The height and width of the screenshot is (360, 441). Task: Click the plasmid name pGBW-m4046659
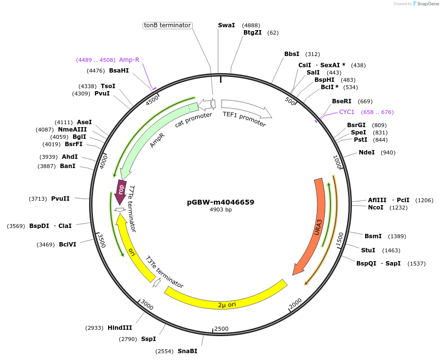(220, 202)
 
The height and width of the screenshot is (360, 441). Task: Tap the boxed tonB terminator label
(167, 25)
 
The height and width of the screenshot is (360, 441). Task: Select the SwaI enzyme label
(226, 25)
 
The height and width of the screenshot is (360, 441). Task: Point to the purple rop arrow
(120, 188)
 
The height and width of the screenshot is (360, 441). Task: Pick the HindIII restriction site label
(120, 328)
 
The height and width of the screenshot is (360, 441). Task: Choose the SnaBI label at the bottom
(187, 351)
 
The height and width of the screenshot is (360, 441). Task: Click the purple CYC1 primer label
(347, 112)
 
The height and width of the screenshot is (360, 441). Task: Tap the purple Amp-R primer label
(129, 60)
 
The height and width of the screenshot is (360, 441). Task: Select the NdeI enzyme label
(367, 152)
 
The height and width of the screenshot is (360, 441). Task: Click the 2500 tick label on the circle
(221, 329)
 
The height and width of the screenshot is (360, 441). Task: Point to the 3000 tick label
(147, 306)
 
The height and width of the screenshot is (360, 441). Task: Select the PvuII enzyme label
(60, 199)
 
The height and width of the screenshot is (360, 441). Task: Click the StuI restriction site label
(368, 250)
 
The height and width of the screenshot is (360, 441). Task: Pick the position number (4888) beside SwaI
(252, 25)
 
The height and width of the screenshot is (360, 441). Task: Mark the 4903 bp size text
(220, 210)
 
